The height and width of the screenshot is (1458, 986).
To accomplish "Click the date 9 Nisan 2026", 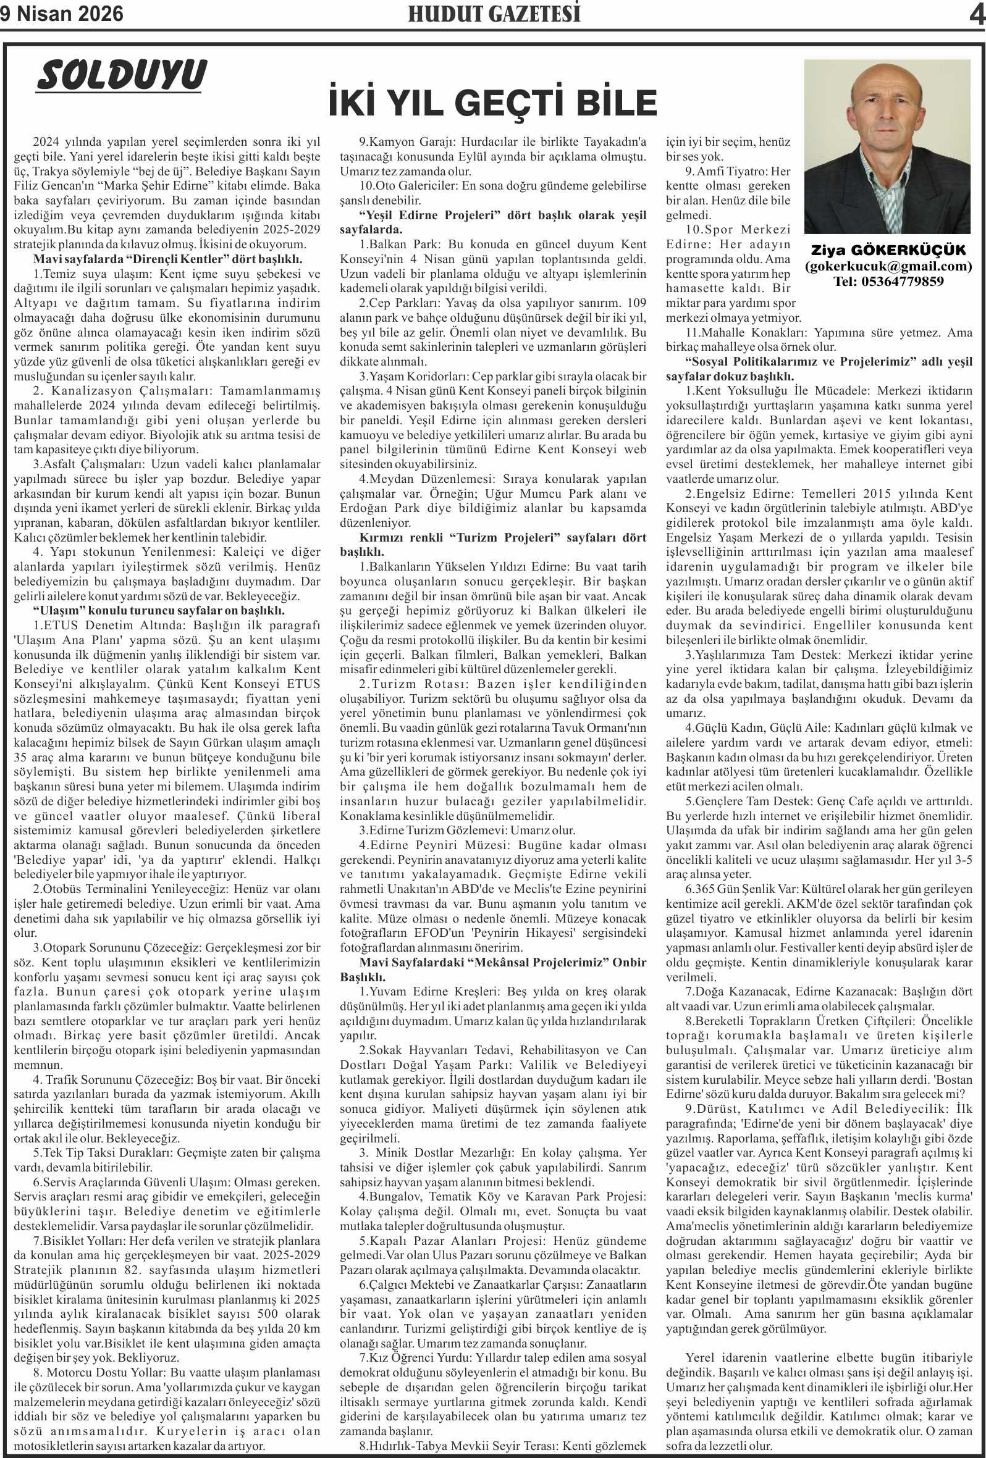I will pyautogui.click(x=62, y=14).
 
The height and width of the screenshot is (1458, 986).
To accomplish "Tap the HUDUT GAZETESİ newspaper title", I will pyautogui.click(x=494, y=14).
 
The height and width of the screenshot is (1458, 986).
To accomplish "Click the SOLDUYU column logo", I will pyautogui.click(x=121, y=75).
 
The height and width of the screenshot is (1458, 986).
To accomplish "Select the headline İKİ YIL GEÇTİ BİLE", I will pyautogui.click(x=492, y=103).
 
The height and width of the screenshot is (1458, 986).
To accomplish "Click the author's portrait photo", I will pyautogui.click(x=887, y=146).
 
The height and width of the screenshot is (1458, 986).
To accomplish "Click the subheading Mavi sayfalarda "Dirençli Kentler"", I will pyautogui.click(x=168, y=259).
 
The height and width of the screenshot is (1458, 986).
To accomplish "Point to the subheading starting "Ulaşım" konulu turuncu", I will pyautogui.click(x=159, y=610).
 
